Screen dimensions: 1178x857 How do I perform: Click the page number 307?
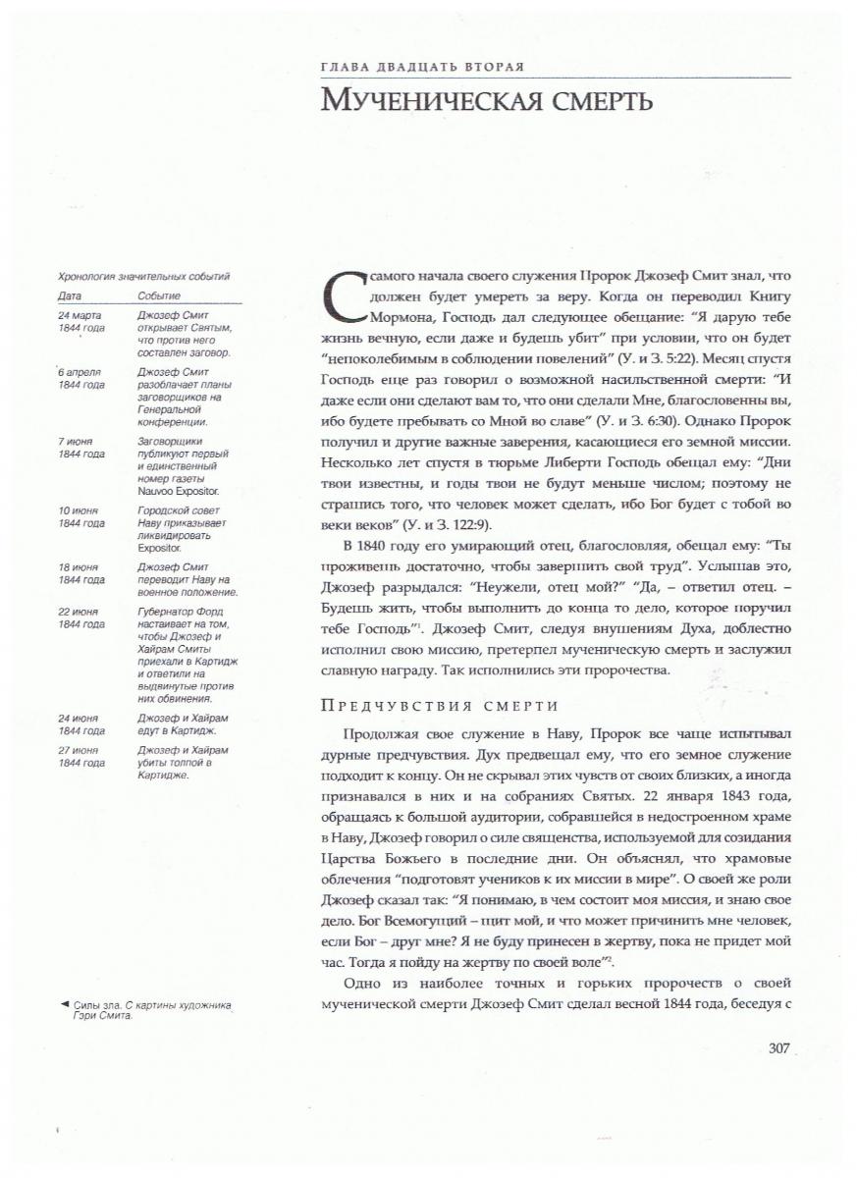779,1048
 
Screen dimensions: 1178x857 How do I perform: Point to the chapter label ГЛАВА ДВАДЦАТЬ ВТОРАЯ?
422,67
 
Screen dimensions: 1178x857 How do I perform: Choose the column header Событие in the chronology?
159,294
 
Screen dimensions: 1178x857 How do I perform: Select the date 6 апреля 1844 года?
80,379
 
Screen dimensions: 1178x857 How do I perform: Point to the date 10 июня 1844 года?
80,516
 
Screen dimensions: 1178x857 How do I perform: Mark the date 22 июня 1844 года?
80,618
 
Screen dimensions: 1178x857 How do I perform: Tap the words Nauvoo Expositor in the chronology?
178,489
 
